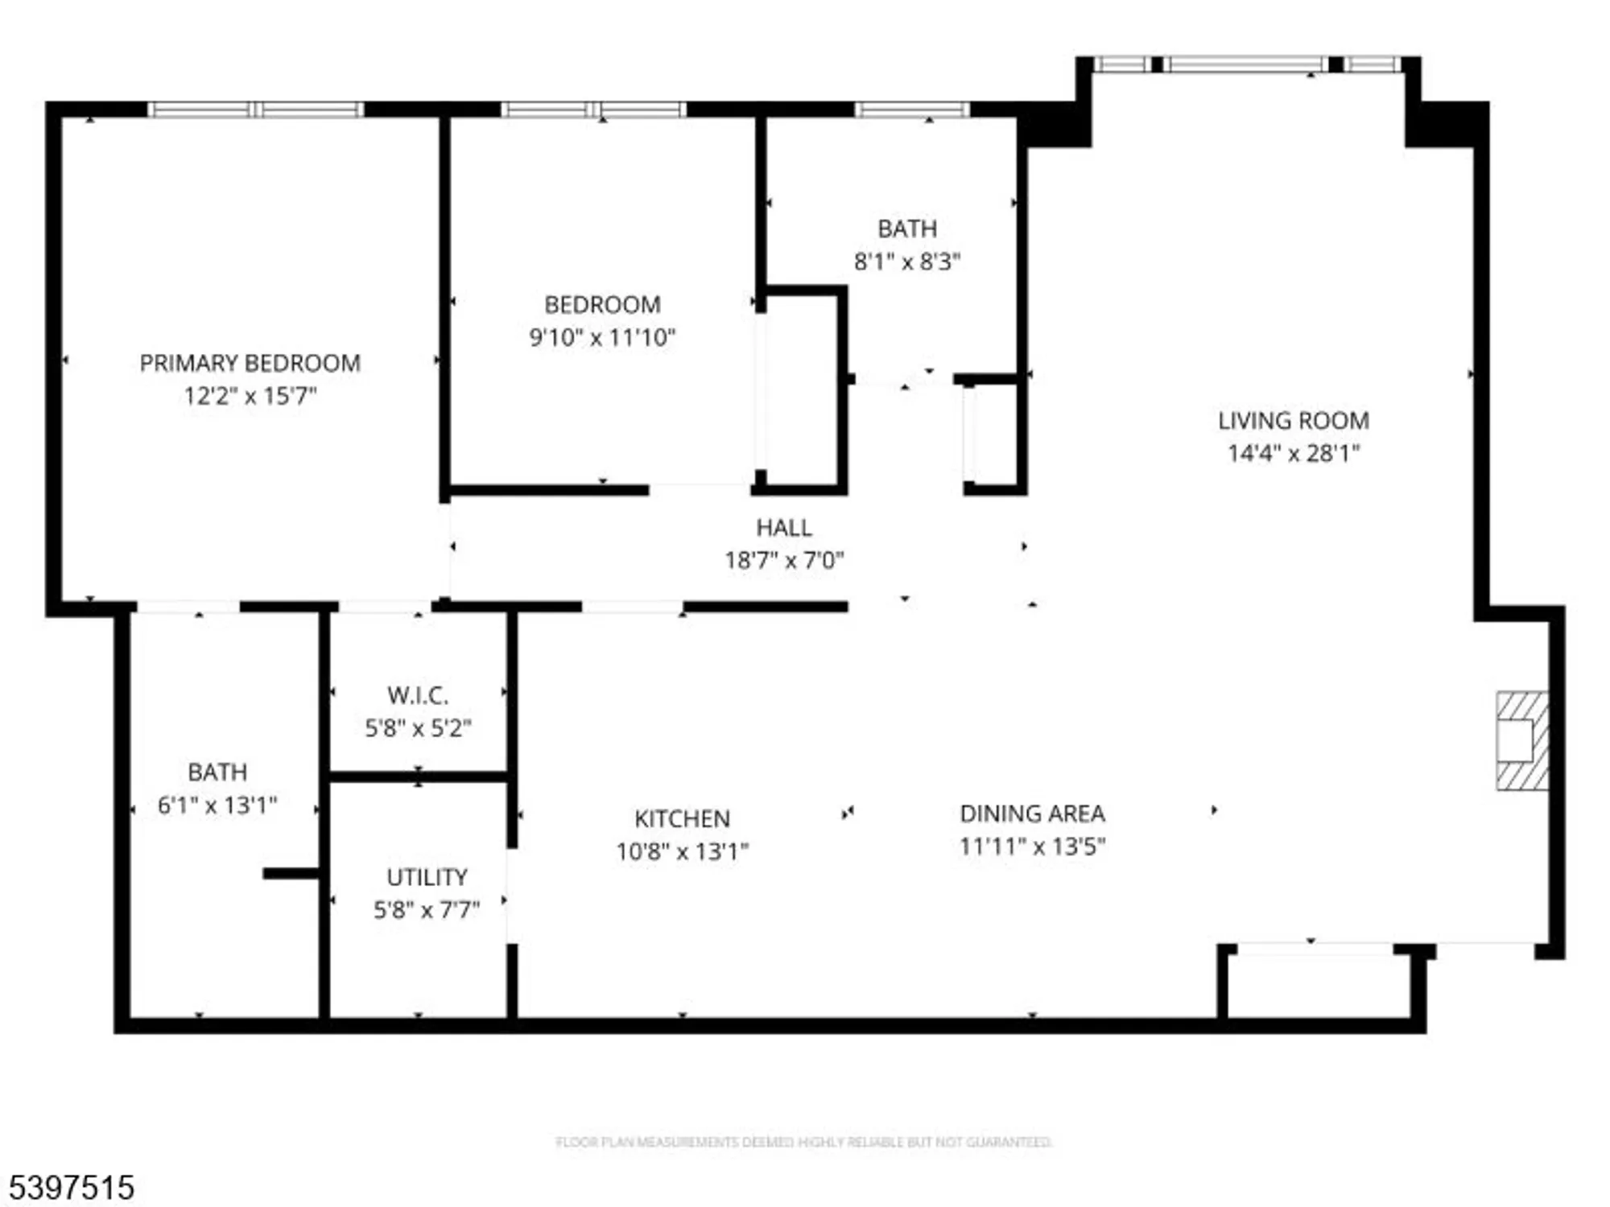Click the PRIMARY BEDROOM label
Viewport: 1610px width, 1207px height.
click(250, 363)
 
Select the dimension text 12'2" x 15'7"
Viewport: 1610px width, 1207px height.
click(250, 396)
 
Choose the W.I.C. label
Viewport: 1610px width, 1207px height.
click(418, 695)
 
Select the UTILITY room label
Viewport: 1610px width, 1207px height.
click(427, 877)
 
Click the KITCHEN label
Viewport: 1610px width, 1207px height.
click(682, 819)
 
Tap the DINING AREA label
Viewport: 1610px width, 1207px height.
click(1032, 814)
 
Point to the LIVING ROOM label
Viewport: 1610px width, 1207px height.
click(1293, 421)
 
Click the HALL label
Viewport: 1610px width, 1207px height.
click(783, 528)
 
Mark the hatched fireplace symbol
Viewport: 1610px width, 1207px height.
click(1521, 741)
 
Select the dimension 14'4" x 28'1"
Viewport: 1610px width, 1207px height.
click(1293, 453)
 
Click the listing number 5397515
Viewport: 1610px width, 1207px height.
click(71, 1188)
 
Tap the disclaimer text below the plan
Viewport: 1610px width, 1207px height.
click(803, 1142)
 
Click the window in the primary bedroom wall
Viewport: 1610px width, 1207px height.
click(255, 109)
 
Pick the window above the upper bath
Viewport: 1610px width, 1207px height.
click(911, 109)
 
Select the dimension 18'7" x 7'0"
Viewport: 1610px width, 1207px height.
click(783, 560)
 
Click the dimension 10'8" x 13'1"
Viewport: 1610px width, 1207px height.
click(682, 851)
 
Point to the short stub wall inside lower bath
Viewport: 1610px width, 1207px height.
click(291, 874)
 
